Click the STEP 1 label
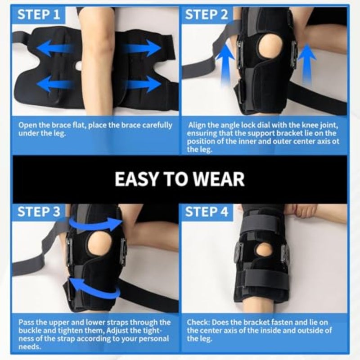pos(39,14)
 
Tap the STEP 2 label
pos(207,14)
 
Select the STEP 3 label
pos(39,211)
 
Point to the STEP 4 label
pos(207,211)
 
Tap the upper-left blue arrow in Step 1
pos(55,48)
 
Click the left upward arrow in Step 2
pos(225,65)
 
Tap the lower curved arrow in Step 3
pos(94,288)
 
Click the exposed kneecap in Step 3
pos(99,244)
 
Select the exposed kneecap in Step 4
pos(264,250)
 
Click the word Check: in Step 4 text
pos(198,322)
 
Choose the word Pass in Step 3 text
pos(26,322)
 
